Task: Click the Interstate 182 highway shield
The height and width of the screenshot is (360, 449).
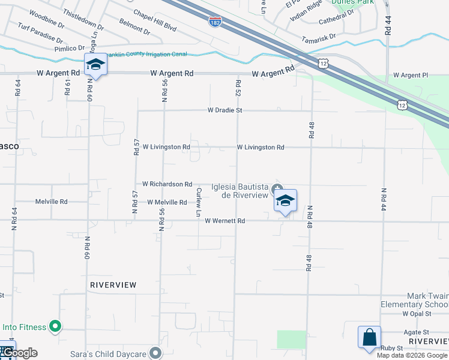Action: (x=214, y=22)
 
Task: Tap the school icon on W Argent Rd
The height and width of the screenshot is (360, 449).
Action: (x=95, y=64)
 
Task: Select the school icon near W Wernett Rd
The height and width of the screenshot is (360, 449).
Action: (x=285, y=200)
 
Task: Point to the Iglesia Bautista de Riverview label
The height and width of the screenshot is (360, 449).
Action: (x=240, y=191)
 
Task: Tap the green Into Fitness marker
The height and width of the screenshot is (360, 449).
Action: (x=55, y=327)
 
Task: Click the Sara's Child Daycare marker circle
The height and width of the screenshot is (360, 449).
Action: (x=156, y=353)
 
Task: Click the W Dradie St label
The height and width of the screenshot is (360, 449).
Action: (x=225, y=110)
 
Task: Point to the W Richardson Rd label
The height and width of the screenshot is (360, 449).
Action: (x=167, y=184)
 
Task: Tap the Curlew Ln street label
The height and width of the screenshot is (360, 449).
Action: (x=199, y=202)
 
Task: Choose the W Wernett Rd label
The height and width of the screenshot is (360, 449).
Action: (x=225, y=221)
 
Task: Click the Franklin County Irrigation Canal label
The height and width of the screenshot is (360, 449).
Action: (x=145, y=54)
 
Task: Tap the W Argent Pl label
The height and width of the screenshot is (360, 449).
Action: (x=411, y=75)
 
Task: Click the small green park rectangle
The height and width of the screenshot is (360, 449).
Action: (x=292, y=339)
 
